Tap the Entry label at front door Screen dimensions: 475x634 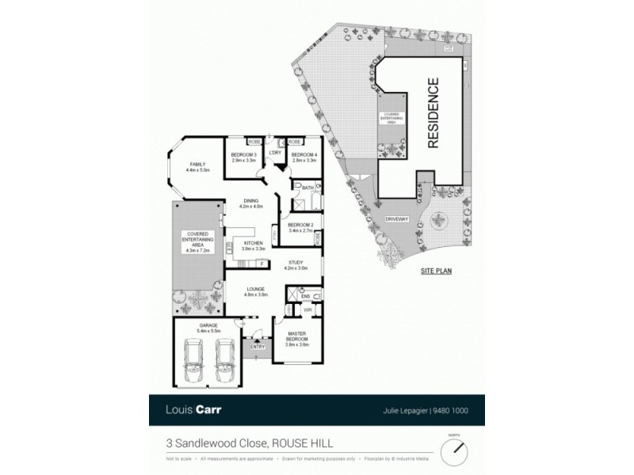[x=258, y=346]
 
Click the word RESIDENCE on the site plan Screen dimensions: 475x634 [x=433, y=113]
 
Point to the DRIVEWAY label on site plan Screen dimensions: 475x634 [x=396, y=219]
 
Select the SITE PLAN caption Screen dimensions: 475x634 [x=436, y=271]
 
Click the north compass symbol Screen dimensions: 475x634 [x=455, y=451]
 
